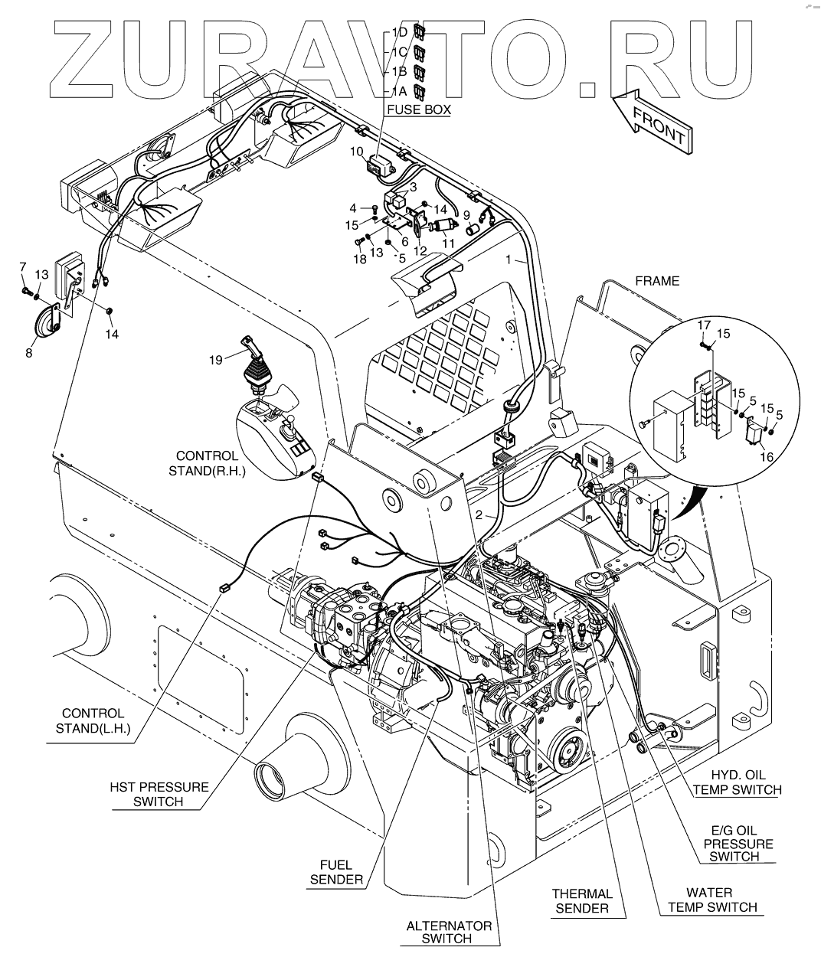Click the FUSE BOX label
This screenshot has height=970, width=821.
click(418, 109)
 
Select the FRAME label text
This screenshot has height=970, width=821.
click(657, 281)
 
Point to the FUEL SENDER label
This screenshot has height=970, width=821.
click(336, 872)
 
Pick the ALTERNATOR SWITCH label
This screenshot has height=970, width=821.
click(449, 932)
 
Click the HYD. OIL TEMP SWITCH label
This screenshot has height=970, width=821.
click(738, 782)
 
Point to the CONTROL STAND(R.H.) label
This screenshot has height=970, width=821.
click(208, 463)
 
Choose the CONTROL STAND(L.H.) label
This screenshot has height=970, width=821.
click(93, 721)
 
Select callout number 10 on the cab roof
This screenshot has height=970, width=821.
click(357, 152)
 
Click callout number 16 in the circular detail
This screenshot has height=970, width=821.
click(767, 457)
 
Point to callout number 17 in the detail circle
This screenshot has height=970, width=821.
click(705, 325)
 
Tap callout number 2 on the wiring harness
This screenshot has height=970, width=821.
click(479, 515)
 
